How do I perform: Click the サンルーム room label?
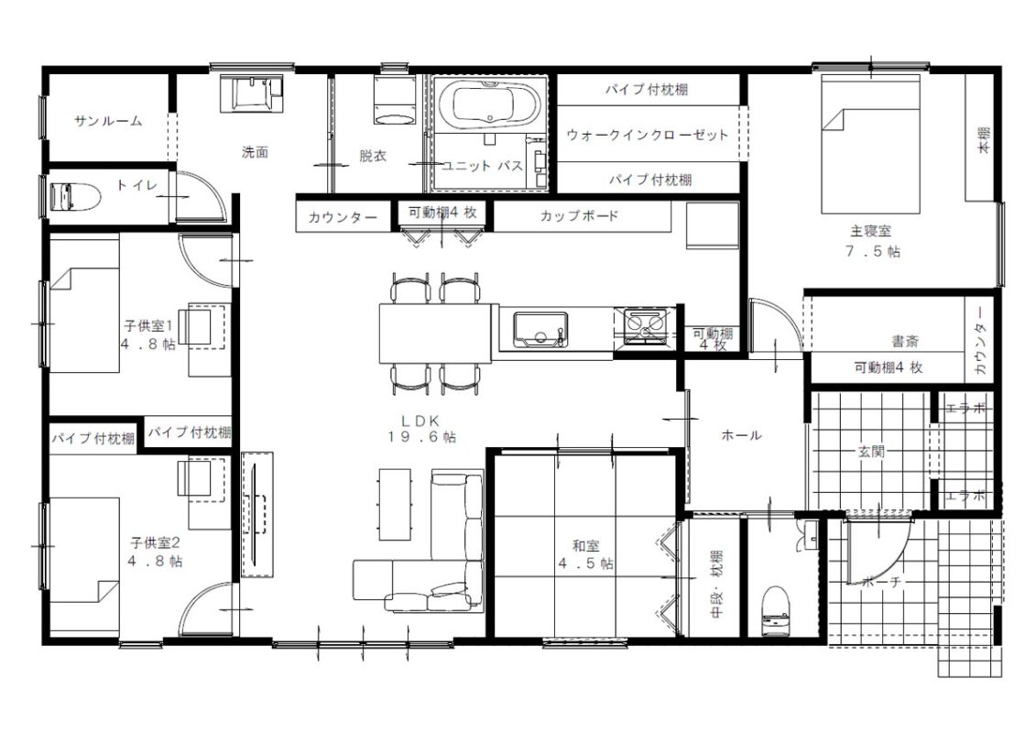coord(108,121)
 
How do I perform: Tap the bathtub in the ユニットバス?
coord(489,104)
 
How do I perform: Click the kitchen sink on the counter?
coord(540,329)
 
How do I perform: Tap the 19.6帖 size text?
coord(421,437)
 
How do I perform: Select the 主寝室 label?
coord(870,231)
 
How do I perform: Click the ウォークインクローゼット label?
coord(648,135)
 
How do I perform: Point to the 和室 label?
coord(585,546)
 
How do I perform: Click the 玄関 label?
coord(871,452)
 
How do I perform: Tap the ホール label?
coord(741,435)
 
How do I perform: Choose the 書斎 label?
coord(905,341)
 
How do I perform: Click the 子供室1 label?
coord(148,326)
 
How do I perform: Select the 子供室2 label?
coord(156,543)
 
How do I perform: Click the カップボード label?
coord(580,215)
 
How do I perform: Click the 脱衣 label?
coord(373,156)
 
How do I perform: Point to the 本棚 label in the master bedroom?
coord(984,141)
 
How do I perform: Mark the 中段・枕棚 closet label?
coord(716,585)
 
